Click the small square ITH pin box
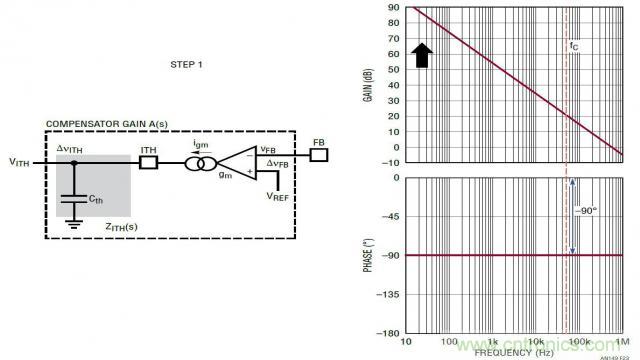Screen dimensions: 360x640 click(149, 161)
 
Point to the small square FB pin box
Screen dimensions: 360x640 click(318, 155)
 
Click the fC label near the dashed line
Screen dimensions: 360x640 click(573, 46)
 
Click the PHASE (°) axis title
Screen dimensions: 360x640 click(367, 256)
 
